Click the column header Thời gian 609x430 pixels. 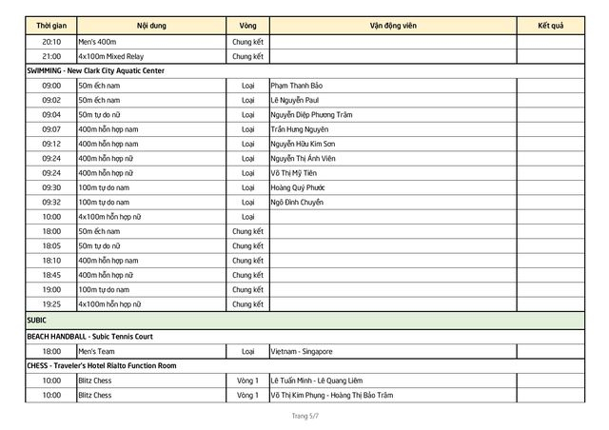tap(51, 24)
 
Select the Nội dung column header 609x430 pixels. tap(150, 24)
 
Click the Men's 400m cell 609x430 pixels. tap(98, 42)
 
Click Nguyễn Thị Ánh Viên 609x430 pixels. tap(305, 158)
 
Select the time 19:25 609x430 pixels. tap(51, 304)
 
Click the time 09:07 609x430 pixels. tap(51, 128)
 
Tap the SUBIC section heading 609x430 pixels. tap(37, 321)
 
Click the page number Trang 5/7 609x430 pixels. tap(304, 417)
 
